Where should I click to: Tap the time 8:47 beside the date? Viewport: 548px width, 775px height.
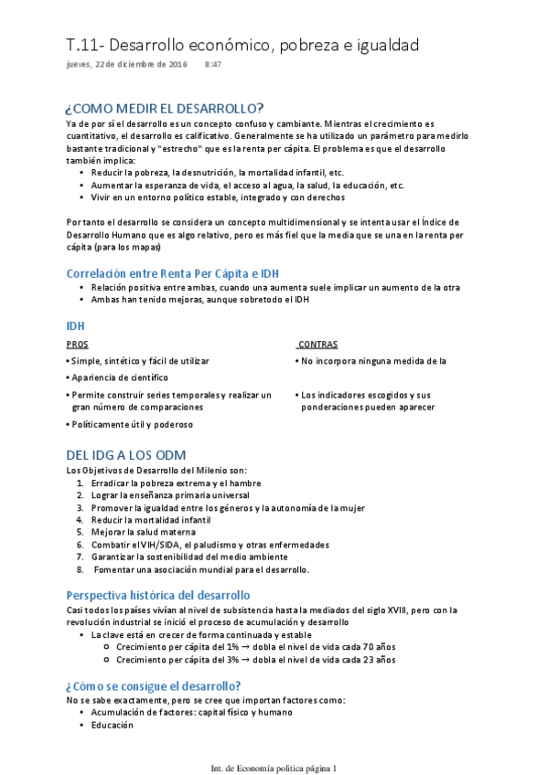pyautogui.click(x=213, y=65)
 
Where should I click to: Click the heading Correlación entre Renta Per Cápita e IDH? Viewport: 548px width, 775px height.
pyautogui.click(x=172, y=272)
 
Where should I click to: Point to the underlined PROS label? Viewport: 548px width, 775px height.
pyautogui.click(x=78, y=345)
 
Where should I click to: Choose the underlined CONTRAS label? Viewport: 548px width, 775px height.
pyautogui.click(x=318, y=345)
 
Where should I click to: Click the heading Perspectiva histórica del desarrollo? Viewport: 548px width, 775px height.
pyautogui.click(x=171, y=595)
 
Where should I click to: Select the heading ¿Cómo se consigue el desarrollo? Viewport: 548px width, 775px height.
pyautogui.click(x=154, y=686)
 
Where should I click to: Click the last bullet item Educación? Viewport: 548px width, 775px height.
pyautogui.click(x=113, y=726)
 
